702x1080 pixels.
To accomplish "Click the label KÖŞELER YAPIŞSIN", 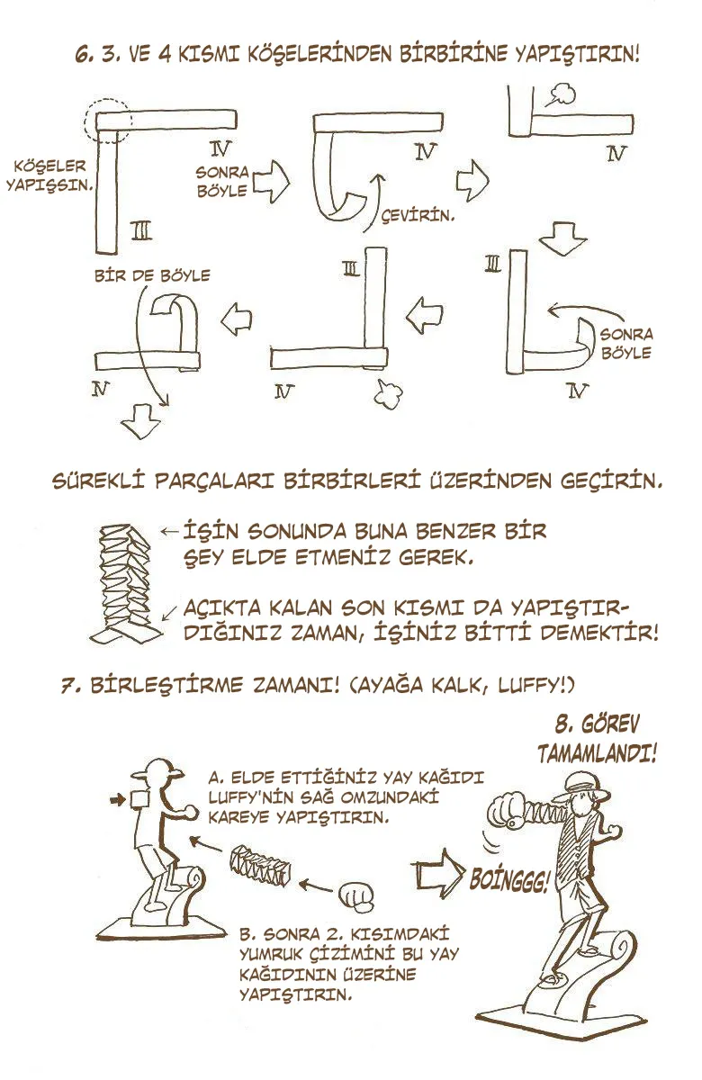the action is pos(49,176).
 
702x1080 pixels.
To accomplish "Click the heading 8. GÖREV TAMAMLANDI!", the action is pos(598,739).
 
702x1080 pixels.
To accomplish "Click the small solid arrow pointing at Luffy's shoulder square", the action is pos(118,800).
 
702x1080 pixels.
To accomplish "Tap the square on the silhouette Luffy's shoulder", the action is pos(139,799).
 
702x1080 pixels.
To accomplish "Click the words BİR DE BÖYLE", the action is pos(152,275).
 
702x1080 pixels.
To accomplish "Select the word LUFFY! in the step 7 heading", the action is pos(535,685).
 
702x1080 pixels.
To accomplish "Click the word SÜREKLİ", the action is pos(99,481).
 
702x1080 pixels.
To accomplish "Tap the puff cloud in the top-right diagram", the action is pos(562,94).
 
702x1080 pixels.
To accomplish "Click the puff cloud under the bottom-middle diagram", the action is pos(388,393).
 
